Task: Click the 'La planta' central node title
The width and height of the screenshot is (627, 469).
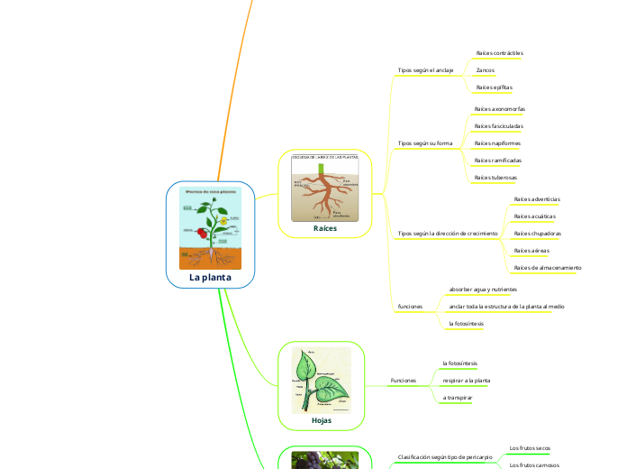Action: pyautogui.click(x=210, y=278)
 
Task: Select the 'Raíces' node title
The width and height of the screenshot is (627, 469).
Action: pyautogui.click(x=324, y=229)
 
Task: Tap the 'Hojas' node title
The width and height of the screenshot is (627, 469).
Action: pyautogui.click(x=321, y=420)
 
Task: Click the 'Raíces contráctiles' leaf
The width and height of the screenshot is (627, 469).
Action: pyautogui.click(x=499, y=53)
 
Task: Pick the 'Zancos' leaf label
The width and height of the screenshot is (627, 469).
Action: pyautogui.click(x=485, y=69)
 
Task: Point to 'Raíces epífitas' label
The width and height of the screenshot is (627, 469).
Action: pyautogui.click(x=494, y=87)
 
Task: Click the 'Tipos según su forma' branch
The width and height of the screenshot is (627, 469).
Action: pyautogui.click(x=424, y=143)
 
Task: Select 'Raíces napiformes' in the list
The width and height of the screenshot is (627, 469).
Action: pyautogui.click(x=497, y=143)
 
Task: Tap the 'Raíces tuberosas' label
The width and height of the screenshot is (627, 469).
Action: pyautogui.click(x=495, y=178)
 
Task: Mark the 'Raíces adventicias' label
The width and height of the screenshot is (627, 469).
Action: pyautogui.click(x=536, y=198)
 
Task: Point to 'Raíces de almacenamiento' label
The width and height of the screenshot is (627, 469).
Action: pyautogui.click(x=547, y=268)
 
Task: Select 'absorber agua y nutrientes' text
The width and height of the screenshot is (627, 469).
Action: pyautogui.click(x=483, y=290)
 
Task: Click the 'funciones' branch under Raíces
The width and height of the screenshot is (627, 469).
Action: pyautogui.click(x=410, y=307)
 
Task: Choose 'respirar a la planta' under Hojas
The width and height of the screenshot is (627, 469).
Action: pyautogui.click(x=467, y=381)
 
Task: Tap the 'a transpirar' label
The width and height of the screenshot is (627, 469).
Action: pyautogui.click(x=458, y=398)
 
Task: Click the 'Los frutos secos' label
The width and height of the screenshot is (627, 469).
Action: pyautogui.click(x=530, y=447)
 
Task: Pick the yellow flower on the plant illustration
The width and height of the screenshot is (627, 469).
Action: pyautogui.click(x=221, y=219)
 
